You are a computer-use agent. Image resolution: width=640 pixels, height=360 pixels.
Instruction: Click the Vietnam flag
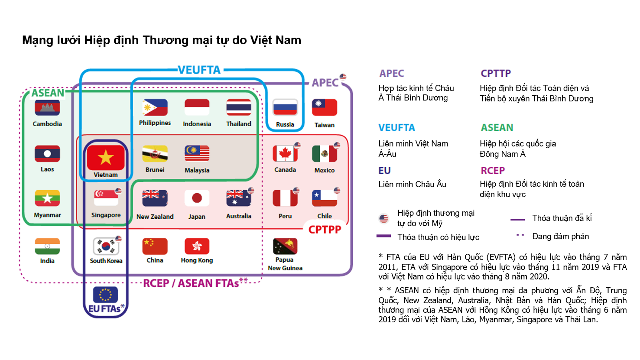[x=106, y=158]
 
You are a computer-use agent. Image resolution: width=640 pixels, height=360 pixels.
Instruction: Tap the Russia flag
[x=285, y=107]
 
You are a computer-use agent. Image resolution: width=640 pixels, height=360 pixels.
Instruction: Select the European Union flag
[x=105, y=295]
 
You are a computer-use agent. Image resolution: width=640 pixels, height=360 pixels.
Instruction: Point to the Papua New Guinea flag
[x=285, y=246]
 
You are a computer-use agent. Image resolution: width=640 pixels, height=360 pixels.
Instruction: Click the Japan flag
[x=197, y=198]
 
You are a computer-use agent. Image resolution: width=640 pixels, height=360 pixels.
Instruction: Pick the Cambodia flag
[x=47, y=107]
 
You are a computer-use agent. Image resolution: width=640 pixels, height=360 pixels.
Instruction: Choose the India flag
[x=47, y=246]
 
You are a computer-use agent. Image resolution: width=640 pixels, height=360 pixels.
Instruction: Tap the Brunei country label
[x=155, y=170]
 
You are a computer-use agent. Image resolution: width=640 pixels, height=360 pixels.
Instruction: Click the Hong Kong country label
[x=197, y=260]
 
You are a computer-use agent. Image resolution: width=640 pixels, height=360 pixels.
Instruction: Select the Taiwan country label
[x=324, y=125]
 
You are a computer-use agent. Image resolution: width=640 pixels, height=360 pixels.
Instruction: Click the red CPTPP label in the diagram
[x=325, y=230]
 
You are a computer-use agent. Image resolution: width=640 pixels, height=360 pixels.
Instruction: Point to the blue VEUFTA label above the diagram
[x=199, y=70]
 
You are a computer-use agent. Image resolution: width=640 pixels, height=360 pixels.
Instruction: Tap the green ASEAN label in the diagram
[x=48, y=93]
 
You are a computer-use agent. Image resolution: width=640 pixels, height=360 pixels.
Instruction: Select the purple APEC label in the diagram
[x=325, y=83]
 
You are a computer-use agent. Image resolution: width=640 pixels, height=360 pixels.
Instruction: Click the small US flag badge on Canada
[x=297, y=145]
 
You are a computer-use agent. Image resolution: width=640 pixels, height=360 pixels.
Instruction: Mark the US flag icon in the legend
[x=384, y=219]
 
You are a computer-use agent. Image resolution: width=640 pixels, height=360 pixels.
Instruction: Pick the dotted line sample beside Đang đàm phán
[x=520, y=235]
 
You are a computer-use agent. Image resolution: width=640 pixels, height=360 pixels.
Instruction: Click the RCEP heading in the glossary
[x=493, y=171]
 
